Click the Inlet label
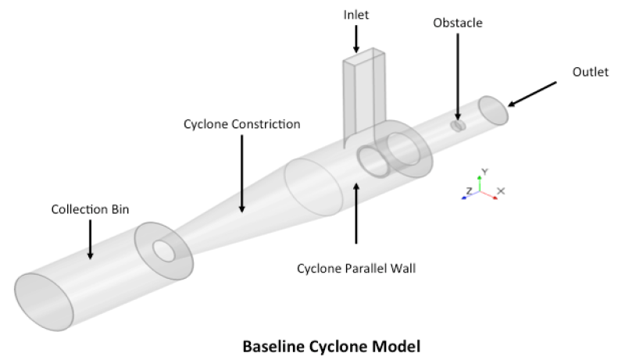(x=356, y=14)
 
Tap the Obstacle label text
(x=458, y=23)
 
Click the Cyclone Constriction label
(x=241, y=124)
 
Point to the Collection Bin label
(x=90, y=209)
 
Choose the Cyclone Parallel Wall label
(x=356, y=269)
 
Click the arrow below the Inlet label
(x=356, y=37)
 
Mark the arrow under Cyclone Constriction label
(x=241, y=172)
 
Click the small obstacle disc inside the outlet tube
(x=459, y=125)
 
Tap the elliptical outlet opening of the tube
(x=493, y=111)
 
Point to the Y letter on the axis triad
(x=484, y=170)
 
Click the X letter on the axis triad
(x=501, y=191)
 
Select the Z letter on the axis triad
(x=469, y=191)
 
